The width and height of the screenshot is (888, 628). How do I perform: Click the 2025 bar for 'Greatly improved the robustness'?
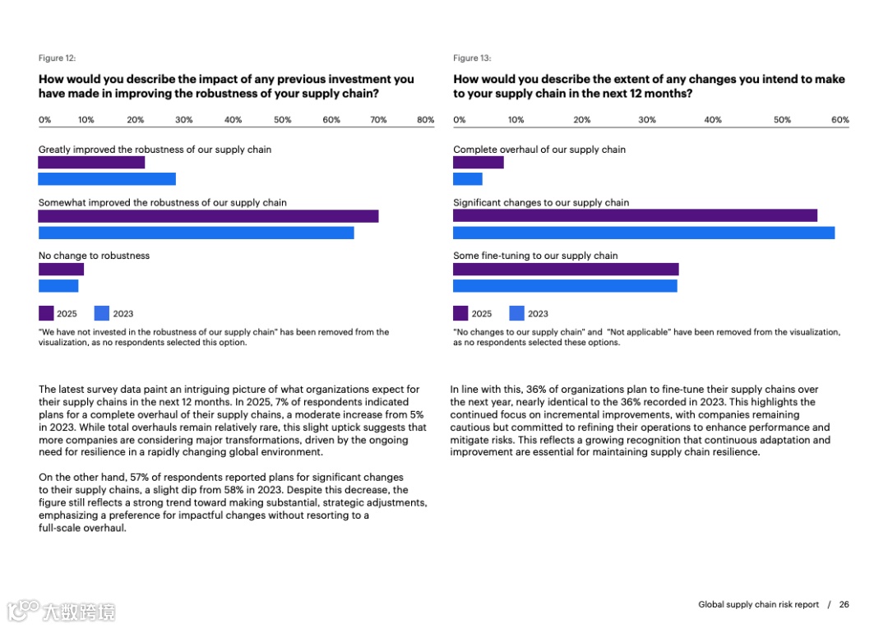(x=91, y=163)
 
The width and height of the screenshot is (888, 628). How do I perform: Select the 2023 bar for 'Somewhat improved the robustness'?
(x=196, y=233)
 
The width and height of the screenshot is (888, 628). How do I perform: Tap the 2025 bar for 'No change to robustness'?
(x=61, y=269)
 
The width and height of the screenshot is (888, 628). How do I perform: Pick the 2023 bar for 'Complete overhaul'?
(x=468, y=179)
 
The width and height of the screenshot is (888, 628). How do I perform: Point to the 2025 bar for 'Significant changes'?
(x=635, y=215)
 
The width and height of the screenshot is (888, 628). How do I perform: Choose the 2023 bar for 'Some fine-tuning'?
(x=565, y=286)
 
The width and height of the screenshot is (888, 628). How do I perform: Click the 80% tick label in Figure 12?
(x=425, y=120)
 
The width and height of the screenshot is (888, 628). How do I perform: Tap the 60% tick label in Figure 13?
(x=839, y=120)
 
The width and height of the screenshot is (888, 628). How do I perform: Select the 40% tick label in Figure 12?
(x=234, y=120)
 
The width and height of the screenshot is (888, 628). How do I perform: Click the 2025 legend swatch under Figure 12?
(x=46, y=313)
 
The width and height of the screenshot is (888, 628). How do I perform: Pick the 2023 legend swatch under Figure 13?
(x=517, y=313)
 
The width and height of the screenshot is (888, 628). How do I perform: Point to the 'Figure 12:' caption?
(x=58, y=58)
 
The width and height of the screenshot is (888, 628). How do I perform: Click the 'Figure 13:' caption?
(x=472, y=58)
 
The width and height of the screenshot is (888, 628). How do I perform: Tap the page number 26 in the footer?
(x=844, y=605)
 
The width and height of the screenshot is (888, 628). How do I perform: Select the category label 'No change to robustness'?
(x=94, y=256)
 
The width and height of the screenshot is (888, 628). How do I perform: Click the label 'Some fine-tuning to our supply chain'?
(x=535, y=256)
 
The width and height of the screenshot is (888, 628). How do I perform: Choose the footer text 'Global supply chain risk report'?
(x=758, y=605)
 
